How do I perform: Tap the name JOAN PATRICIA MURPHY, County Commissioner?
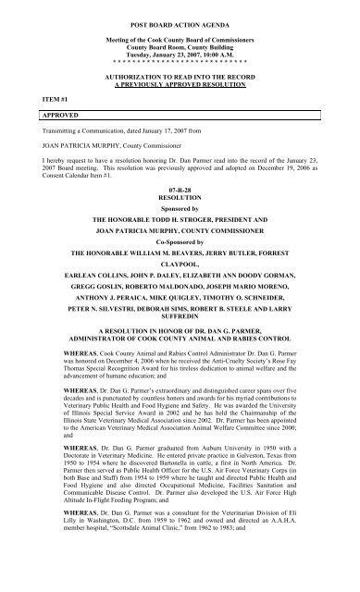pos(92,167)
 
